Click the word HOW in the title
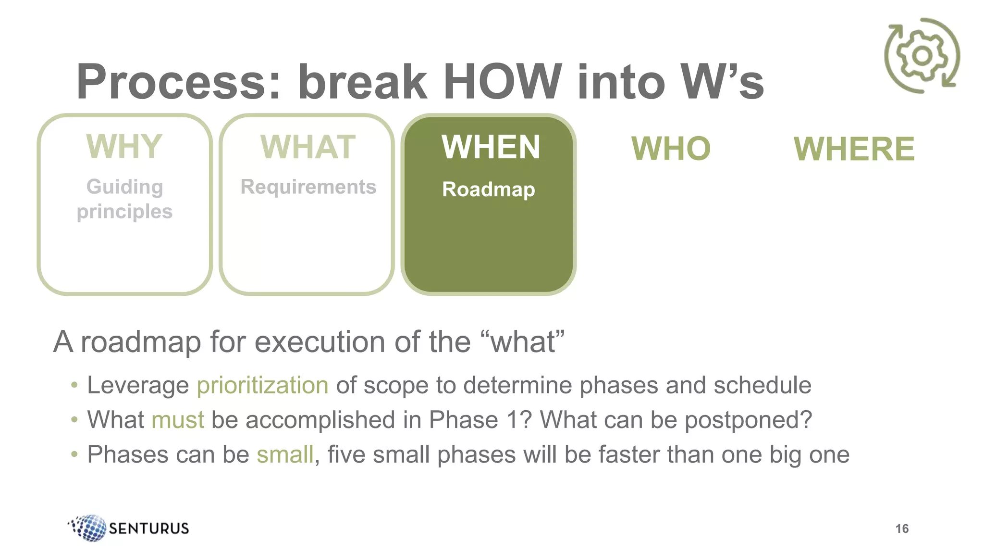tap(502, 82)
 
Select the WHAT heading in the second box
tap(308, 147)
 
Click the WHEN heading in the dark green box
tap(491, 147)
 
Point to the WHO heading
tap(671, 149)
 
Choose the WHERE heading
tap(854, 149)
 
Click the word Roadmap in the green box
tap(488, 189)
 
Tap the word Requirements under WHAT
tap(308, 187)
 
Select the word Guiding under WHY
tap(124, 187)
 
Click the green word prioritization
tap(262, 385)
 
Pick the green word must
tap(177, 420)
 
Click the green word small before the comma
tap(285, 454)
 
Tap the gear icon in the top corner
tap(922, 56)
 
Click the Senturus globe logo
tap(88, 528)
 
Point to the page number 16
tap(902, 529)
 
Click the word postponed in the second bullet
tap(748, 420)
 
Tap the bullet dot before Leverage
tap(74, 385)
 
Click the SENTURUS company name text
tap(149, 528)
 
